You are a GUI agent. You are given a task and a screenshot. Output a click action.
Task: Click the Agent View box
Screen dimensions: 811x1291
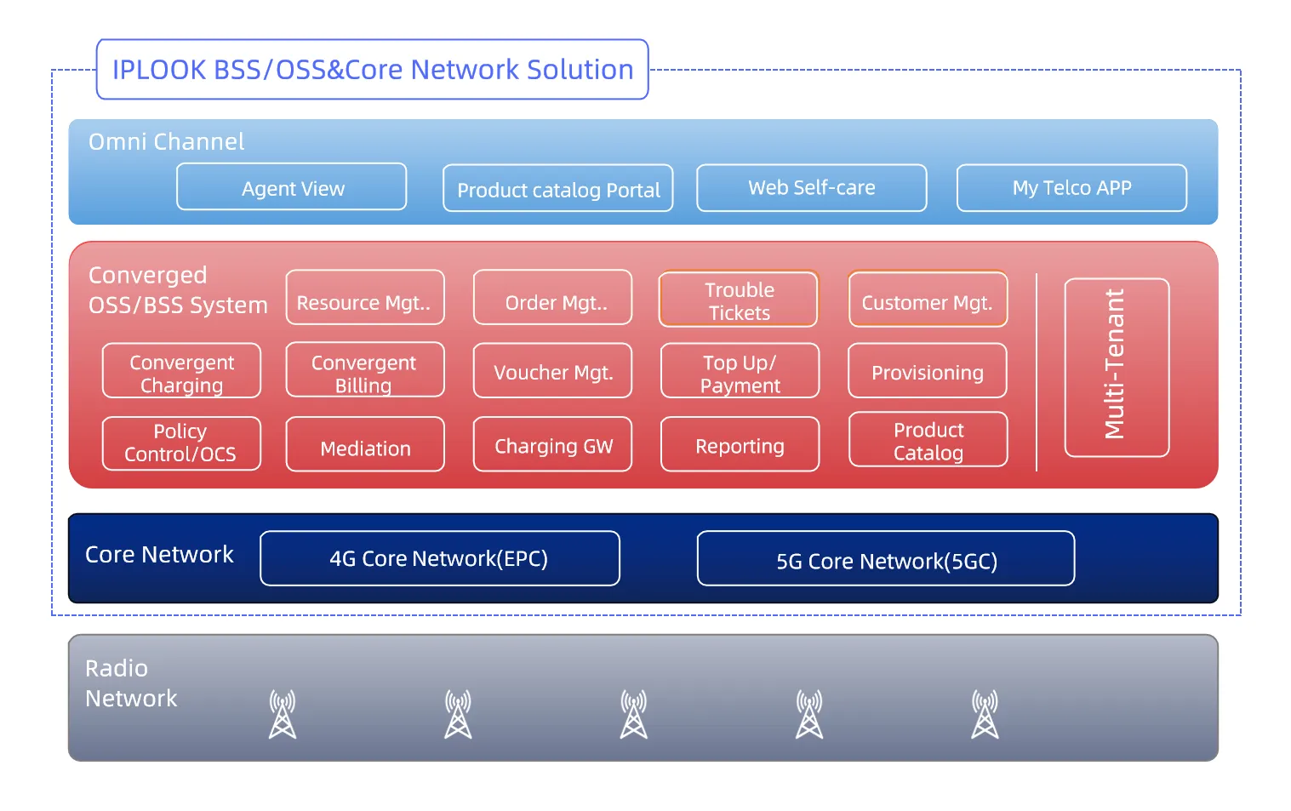point(292,187)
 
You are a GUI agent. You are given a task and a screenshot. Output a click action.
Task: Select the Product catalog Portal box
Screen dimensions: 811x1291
point(558,188)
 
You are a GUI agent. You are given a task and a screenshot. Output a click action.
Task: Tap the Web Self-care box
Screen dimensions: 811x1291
point(812,187)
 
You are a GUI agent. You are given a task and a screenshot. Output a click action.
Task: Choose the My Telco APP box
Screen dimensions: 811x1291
point(1071,187)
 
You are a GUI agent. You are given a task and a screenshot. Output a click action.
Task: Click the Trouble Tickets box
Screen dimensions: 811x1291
point(739,300)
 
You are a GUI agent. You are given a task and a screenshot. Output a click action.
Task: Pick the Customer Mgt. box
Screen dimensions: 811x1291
point(928,300)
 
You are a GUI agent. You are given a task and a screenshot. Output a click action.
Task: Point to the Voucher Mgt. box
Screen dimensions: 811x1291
point(553,371)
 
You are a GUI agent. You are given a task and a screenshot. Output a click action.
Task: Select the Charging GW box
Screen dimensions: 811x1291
point(553,444)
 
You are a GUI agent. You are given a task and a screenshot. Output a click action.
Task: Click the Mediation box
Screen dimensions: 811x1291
point(365,445)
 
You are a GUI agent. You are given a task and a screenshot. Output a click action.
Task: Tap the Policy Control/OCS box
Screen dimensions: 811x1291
point(181,443)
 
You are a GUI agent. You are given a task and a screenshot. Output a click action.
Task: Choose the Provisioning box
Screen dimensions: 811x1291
point(928,371)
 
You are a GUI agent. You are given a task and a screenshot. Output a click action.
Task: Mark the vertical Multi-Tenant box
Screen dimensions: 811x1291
point(1117,368)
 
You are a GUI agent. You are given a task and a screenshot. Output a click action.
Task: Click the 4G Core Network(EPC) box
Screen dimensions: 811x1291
point(440,558)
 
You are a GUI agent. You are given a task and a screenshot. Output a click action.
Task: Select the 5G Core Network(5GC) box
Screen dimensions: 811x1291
point(886,559)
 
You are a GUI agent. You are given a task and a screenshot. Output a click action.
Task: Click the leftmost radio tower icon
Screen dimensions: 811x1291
point(283,714)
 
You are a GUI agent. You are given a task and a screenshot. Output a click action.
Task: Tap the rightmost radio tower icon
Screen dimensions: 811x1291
point(985,714)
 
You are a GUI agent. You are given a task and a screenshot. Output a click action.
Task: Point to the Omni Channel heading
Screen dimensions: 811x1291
point(167,141)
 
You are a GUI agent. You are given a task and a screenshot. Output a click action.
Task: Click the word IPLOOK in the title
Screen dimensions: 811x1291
point(159,70)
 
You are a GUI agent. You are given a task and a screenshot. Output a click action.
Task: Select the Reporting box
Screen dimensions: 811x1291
point(740,444)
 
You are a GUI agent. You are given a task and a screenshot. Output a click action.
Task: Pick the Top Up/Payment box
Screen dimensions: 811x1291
point(740,371)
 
